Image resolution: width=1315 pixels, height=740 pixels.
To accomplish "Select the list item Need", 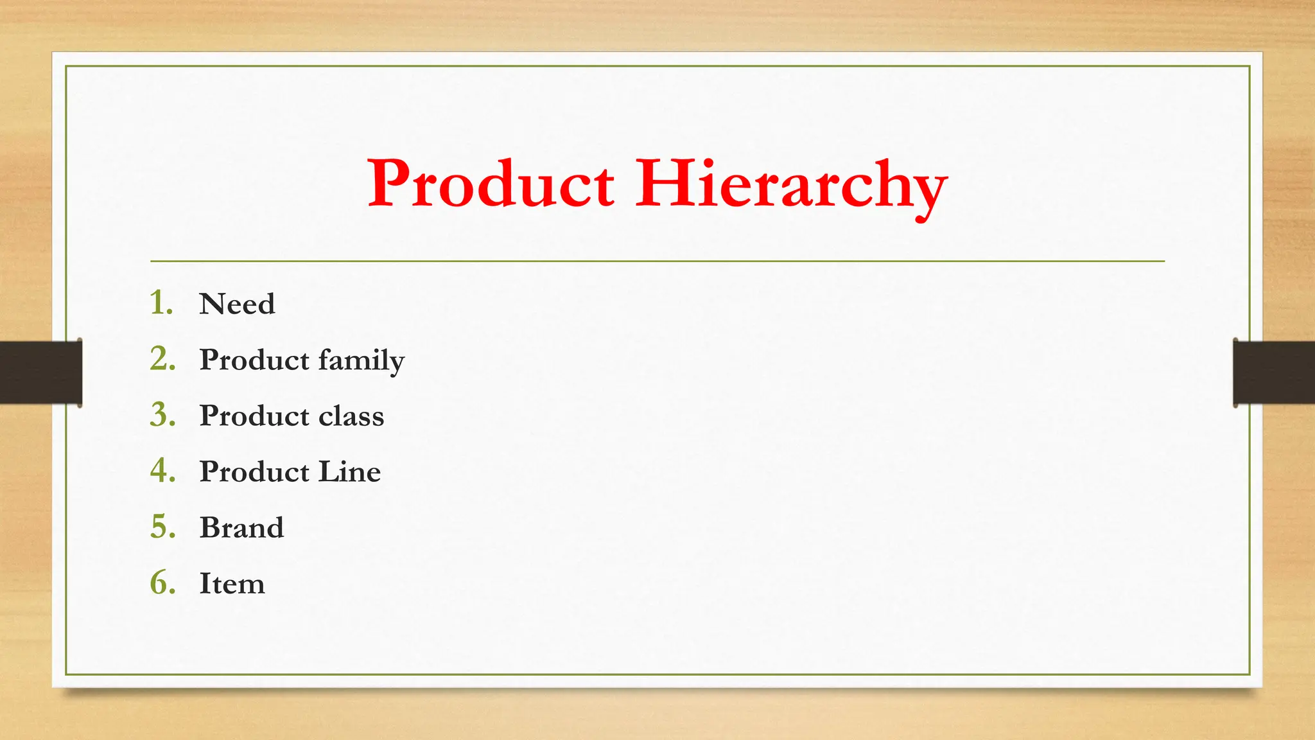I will click(237, 304).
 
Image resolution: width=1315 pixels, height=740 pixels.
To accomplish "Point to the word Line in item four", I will click(350, 471).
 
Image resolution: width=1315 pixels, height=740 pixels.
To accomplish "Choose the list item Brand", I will click(241, 527).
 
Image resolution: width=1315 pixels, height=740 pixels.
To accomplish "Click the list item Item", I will click(232, 583).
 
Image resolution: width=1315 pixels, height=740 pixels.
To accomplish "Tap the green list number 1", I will click(161, 303).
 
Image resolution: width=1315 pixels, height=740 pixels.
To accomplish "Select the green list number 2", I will click(162, 358).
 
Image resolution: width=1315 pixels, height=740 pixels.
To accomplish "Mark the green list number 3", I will click(162, 414).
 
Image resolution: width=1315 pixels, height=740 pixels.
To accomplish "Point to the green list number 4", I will click(162, 470).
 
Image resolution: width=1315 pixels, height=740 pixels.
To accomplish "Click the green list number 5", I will click(162, 526).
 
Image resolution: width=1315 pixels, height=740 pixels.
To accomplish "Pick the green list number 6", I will click(162, 582).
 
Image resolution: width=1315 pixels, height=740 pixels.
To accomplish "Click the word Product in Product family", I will click(254, 360).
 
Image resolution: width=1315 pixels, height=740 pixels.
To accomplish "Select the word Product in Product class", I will click(254, 416).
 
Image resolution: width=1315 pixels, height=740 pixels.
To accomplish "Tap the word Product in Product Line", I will click(254, 471).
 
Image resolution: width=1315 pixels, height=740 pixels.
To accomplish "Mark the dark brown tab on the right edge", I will click(1274, 373).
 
